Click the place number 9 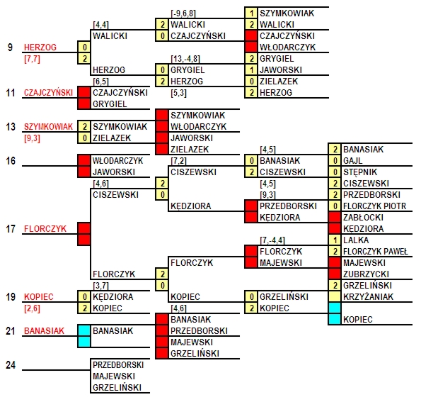[10, 48]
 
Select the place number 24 [11, 365]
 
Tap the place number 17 [11, 229]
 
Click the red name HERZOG [40, 48]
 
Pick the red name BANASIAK [45, 331]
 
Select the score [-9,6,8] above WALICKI [183, 13]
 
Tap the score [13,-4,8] [185, 59]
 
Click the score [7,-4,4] [272, 240]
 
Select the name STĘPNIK [360, 172]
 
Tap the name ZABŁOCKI [363, 218]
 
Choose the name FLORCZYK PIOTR [375, 206]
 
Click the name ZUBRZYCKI [367, 274]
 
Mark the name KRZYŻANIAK [369, 297]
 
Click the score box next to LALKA [335, 240]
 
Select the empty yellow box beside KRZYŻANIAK [335, 297]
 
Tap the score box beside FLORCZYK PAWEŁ [335, 251]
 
